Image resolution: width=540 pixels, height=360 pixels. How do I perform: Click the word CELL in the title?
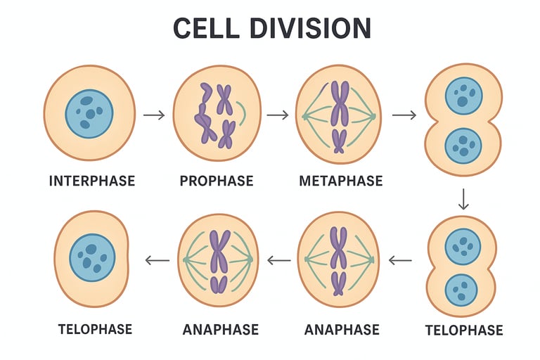pos(205,28)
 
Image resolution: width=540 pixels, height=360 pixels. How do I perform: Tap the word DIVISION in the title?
pos(311,28)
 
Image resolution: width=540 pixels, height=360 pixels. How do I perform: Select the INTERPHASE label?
pos(92,181)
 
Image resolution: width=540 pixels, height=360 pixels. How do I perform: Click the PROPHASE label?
pos(217,181)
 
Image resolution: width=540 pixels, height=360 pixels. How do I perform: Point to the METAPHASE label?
pos(341,181)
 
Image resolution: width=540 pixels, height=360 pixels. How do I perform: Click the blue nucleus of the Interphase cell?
pos(89,114)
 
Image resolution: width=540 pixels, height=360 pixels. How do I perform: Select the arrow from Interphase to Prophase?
pos(154,115)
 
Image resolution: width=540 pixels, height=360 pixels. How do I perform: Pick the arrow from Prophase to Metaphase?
pos(278,115)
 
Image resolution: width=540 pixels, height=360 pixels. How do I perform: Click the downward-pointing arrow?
pos(463,199)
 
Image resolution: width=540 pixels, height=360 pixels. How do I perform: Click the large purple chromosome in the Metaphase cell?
pos(340,103)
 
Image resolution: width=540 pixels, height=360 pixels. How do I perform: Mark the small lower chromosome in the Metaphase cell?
pos(339,141)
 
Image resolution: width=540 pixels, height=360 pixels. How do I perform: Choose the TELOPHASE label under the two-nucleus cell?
pos(464,330)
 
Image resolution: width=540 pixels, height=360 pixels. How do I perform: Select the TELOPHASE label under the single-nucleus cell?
pos(95,329)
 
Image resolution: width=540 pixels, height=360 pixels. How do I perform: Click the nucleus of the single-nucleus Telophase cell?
pos(92,257)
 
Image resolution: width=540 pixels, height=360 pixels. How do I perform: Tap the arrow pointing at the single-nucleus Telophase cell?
pos(157,260)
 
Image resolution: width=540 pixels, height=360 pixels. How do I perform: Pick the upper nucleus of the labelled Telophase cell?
pos(463,246)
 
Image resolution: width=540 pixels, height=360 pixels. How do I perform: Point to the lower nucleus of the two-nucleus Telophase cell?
pos(461,291)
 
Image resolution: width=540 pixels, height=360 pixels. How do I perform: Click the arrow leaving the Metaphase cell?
pos(404,115)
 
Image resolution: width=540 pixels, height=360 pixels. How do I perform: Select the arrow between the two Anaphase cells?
pos(279,260)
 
